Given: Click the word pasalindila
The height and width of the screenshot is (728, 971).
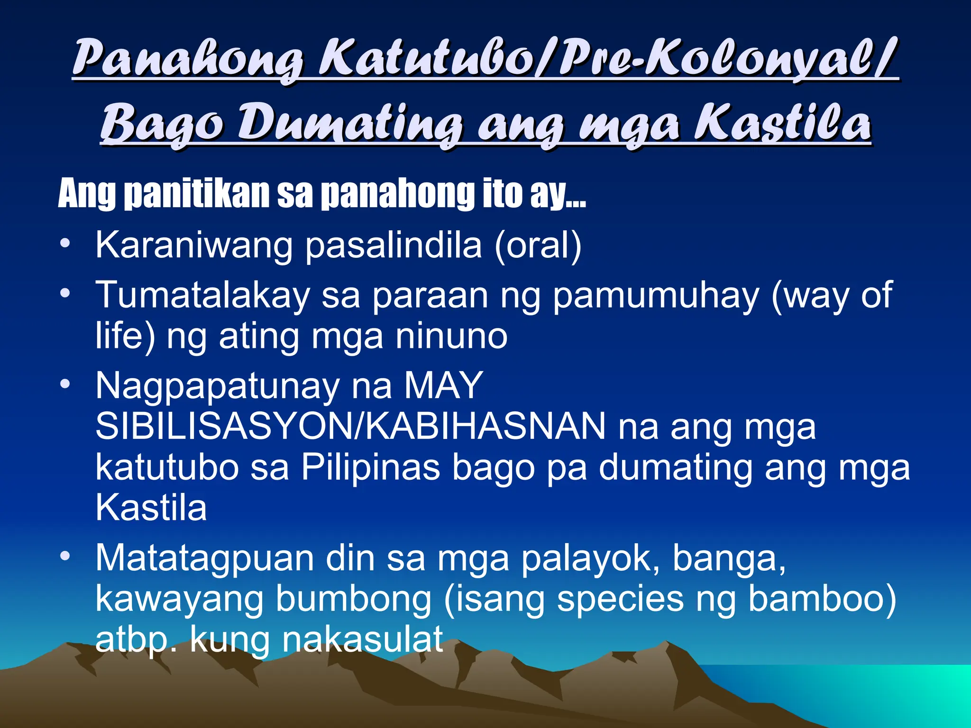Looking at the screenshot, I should (393, 246).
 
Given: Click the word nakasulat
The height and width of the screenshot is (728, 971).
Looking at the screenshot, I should (363, 640).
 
